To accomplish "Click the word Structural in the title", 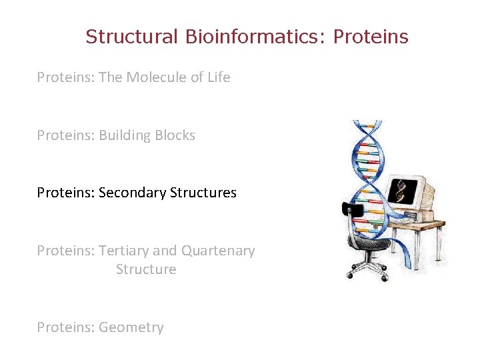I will (131, 37).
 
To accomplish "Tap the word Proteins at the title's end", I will (371, 37).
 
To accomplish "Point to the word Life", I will (219, 77).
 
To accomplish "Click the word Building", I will (124, 135).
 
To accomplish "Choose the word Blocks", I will (174, 135).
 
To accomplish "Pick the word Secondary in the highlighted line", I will (132, 193).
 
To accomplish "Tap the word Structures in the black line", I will (203, 193).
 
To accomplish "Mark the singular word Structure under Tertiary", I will (146, 269).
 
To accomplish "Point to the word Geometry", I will (131, 327).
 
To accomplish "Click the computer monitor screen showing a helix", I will (403, 191).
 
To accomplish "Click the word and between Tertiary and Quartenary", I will (165, 251).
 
